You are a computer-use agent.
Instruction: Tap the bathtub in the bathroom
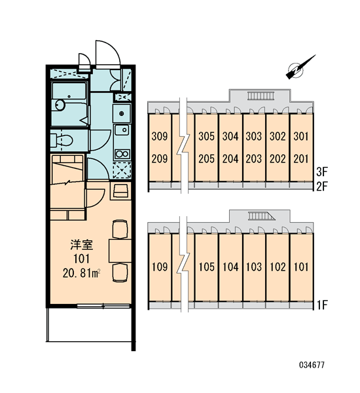[69, 91]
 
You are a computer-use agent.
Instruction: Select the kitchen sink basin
[122, 130]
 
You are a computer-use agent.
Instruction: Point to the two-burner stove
[122, 154]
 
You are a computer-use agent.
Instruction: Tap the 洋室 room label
[82, 245]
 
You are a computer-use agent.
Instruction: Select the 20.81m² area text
[82, 273]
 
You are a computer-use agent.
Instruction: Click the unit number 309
[160, 136]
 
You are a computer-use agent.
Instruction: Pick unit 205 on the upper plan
[206, 159]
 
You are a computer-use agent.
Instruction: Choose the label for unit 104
[230, 267]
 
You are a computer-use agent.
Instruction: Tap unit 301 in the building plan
[301, 136]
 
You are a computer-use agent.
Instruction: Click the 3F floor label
[322, 172]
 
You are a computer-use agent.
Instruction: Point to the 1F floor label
[322, 305]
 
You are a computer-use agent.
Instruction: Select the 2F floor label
[322, 187]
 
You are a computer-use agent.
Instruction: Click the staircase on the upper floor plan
[261, 96]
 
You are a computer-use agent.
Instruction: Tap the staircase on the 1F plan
[262, 216]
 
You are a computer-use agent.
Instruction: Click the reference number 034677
[312, 365]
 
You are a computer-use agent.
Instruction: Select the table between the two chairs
[120, 251]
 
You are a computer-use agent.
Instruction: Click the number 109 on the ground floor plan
[160, 267]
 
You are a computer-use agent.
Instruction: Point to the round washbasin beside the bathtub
[60, 105]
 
